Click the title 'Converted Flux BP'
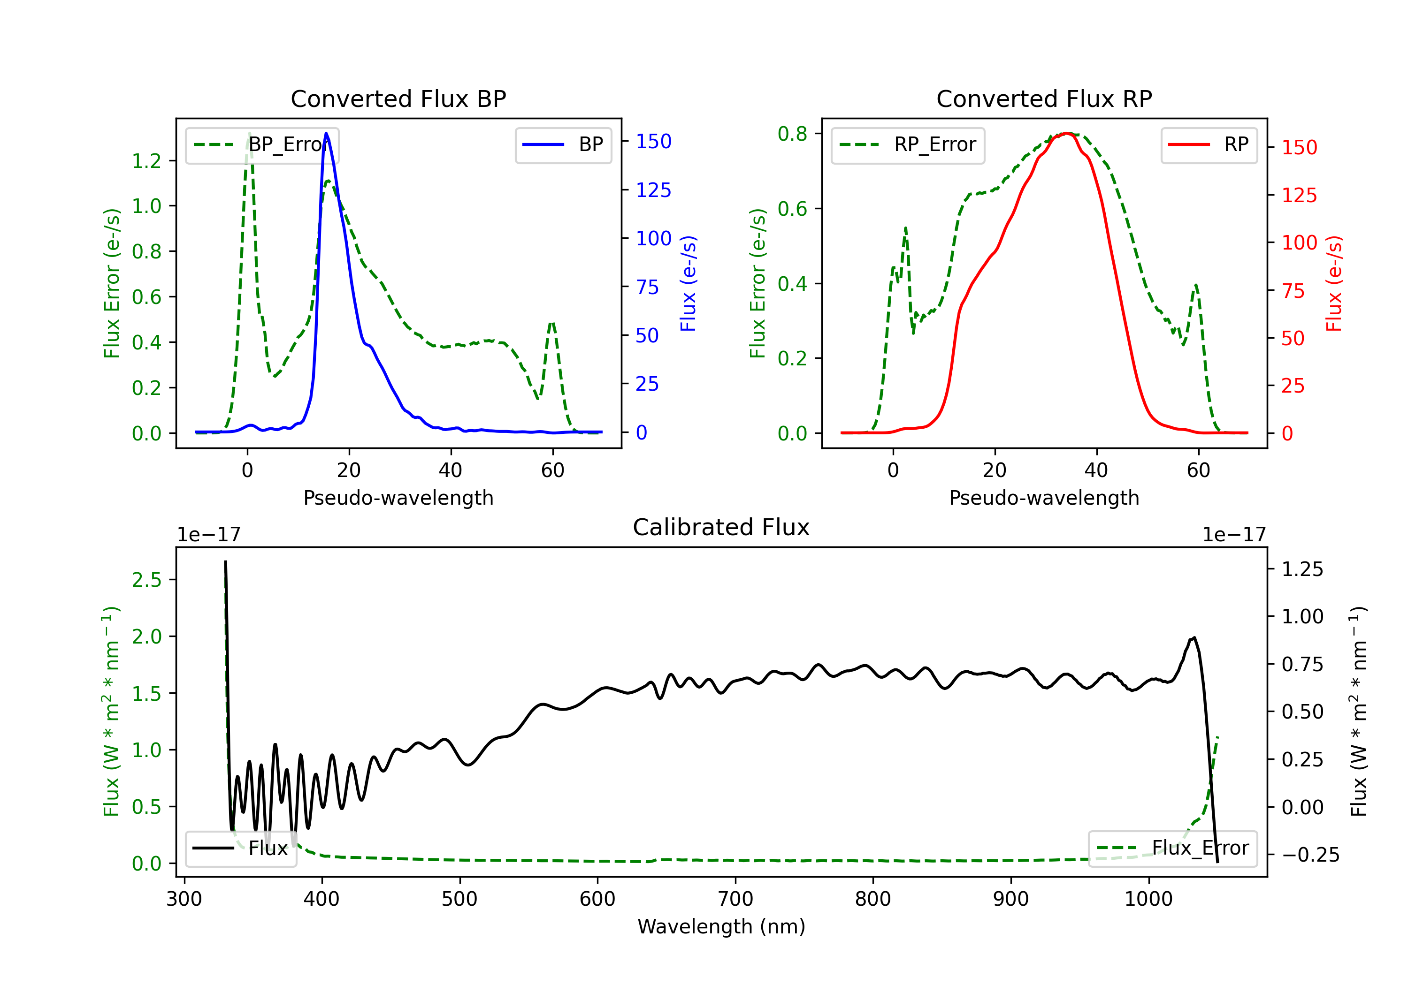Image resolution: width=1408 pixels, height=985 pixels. tap(398, 98)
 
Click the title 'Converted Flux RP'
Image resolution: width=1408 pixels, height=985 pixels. tap(1044, 98)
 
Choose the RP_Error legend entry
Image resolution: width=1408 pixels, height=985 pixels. tap(908, 144)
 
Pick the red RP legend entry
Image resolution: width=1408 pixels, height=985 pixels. tap(1209, 144)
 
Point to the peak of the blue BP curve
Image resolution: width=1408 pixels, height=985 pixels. tap(326, 133)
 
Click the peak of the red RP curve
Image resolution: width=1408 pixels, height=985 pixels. tap(1068, 133)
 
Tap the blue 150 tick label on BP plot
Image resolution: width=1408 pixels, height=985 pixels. tap(653, 142)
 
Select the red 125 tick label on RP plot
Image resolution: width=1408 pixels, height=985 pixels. tap(1299, 196)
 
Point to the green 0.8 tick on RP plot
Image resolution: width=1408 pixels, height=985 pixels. tap(792, 134)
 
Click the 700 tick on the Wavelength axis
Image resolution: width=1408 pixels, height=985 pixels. tap(735, 899)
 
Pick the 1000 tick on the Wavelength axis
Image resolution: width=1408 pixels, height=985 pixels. tap(1148, 899)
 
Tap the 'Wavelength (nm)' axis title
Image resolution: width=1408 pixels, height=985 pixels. tap(721, 927)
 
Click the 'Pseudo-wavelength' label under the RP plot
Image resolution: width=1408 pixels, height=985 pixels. tap(1044, 498)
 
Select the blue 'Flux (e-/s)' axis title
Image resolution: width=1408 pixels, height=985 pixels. tap(688, 283)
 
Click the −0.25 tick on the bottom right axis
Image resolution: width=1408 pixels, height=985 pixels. tap(1310, 855)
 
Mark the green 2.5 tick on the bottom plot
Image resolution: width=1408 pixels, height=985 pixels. tap(146, 580)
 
